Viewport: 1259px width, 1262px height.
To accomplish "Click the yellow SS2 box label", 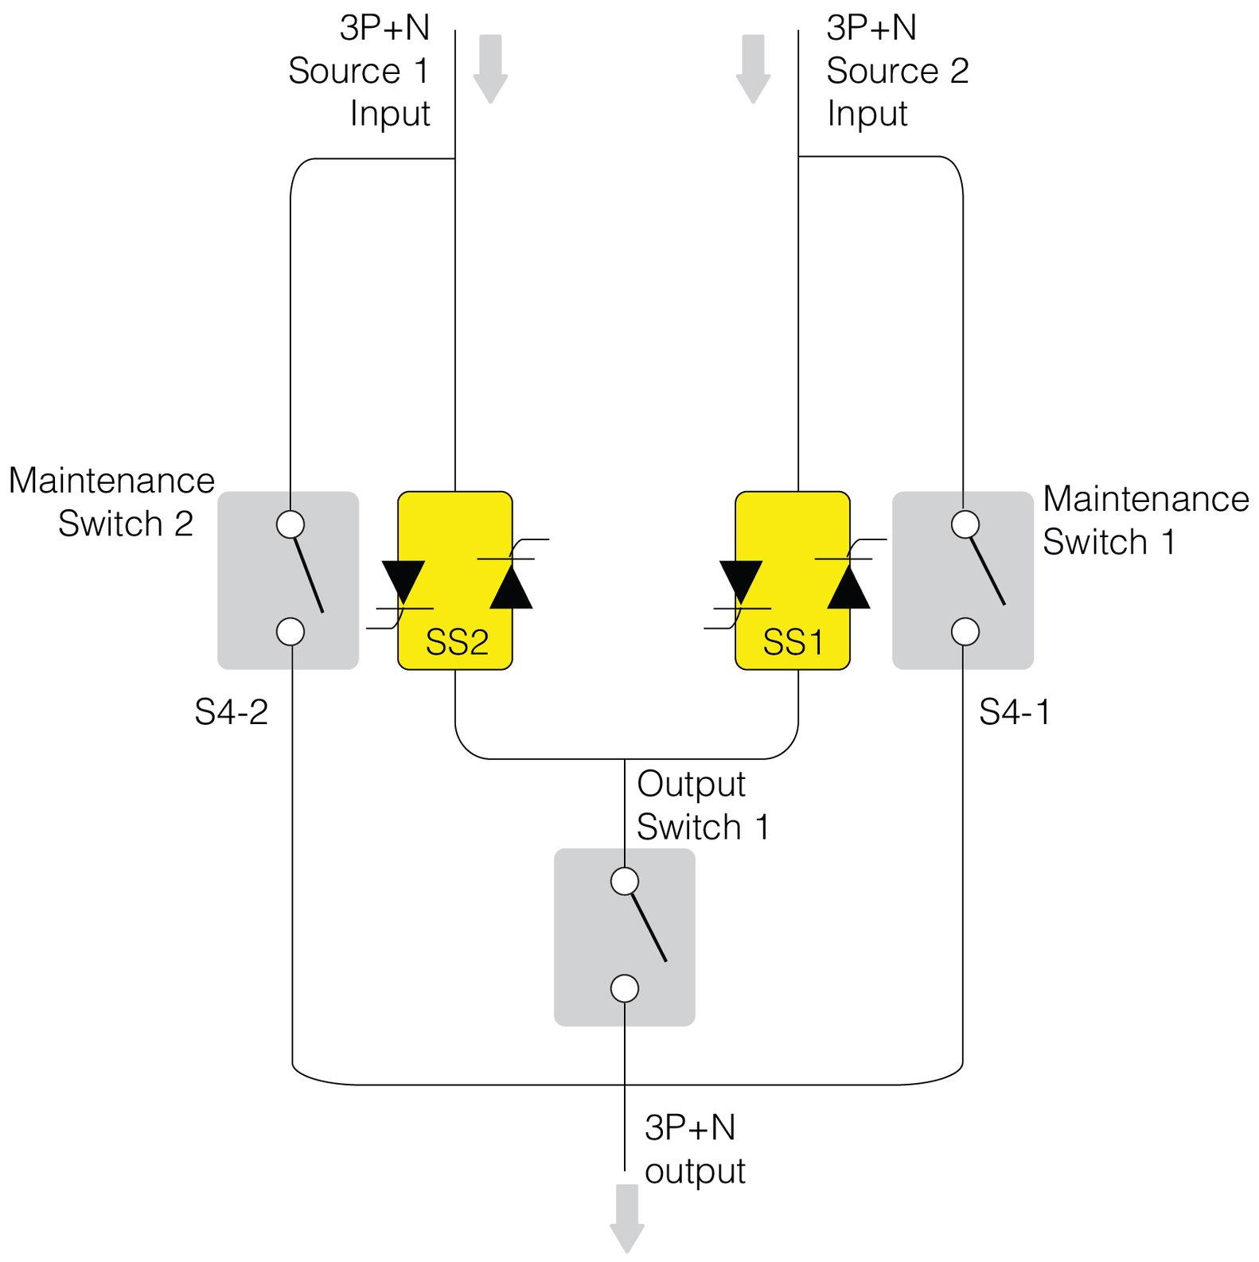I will click(457, 642).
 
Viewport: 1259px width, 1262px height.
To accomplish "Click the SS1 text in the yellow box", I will click(793, 642).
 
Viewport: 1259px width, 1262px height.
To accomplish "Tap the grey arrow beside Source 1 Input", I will click(490, 68).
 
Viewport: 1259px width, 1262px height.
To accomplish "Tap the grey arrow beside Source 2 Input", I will click(753, 68).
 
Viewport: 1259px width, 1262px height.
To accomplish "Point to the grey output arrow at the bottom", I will click(627, 1217).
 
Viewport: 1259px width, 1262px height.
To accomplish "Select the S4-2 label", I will click(231, 712).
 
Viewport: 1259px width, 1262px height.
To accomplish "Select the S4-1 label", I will click(1014, 712).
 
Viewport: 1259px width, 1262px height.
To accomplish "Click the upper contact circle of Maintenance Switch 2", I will click(290, 524).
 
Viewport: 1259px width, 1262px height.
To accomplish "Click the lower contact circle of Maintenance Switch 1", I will click(965, 632).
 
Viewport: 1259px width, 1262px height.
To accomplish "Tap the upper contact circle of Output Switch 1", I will click(625, 882).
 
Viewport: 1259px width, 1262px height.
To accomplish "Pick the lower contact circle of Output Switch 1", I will click(625, 988).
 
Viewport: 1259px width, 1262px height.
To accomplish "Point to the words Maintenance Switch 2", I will click(111, 502).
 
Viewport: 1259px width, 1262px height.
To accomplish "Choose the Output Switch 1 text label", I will click(702, 805).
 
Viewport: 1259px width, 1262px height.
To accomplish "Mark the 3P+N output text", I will click(694, 1149).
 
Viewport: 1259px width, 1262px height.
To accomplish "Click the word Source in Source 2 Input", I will click(882, 71).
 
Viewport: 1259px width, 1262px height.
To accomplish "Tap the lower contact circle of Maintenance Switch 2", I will click(290, 632).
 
